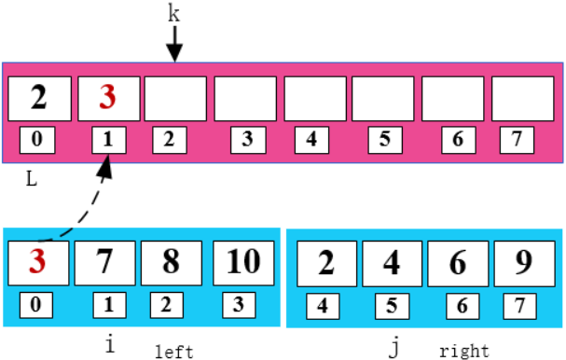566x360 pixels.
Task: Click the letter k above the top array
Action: click(x=173, y=12)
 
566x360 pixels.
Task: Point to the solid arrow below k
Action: click(x=174, y=43)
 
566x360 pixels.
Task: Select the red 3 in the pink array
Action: click(x=109, y=96)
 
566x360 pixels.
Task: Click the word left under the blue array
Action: click(x=174, y=351)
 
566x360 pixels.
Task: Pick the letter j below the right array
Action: click(x=394, y=347)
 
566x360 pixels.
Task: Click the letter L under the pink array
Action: click(x=31, y=178)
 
